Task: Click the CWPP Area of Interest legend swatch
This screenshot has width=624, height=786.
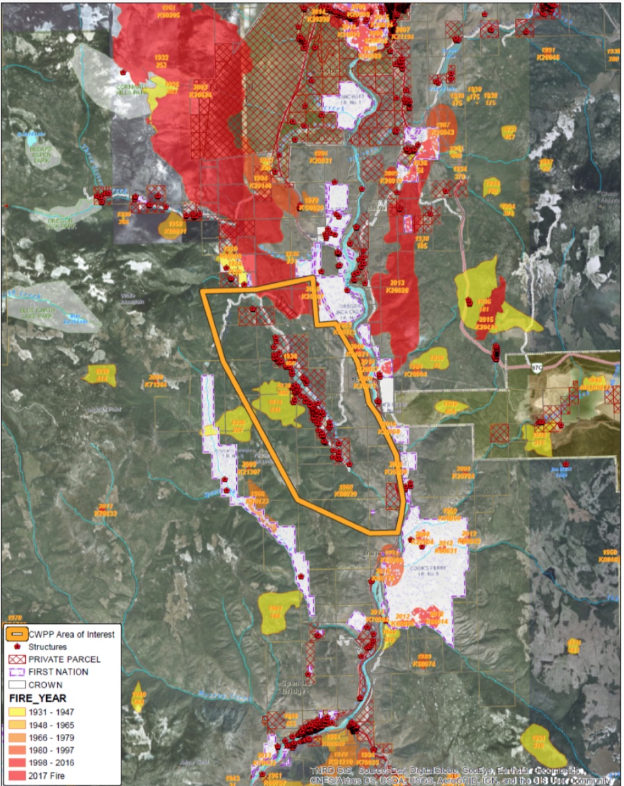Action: [x=18, y=634]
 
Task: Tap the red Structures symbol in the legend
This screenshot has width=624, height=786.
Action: [x=18, y=647]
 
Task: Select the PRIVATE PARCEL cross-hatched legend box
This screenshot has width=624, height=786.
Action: [x=18, y=659]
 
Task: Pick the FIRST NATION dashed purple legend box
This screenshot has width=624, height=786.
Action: [x=18, y=672]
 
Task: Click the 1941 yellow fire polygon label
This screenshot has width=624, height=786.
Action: [x=276, y=611]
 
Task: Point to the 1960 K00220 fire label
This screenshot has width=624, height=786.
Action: [x=346, y=490]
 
